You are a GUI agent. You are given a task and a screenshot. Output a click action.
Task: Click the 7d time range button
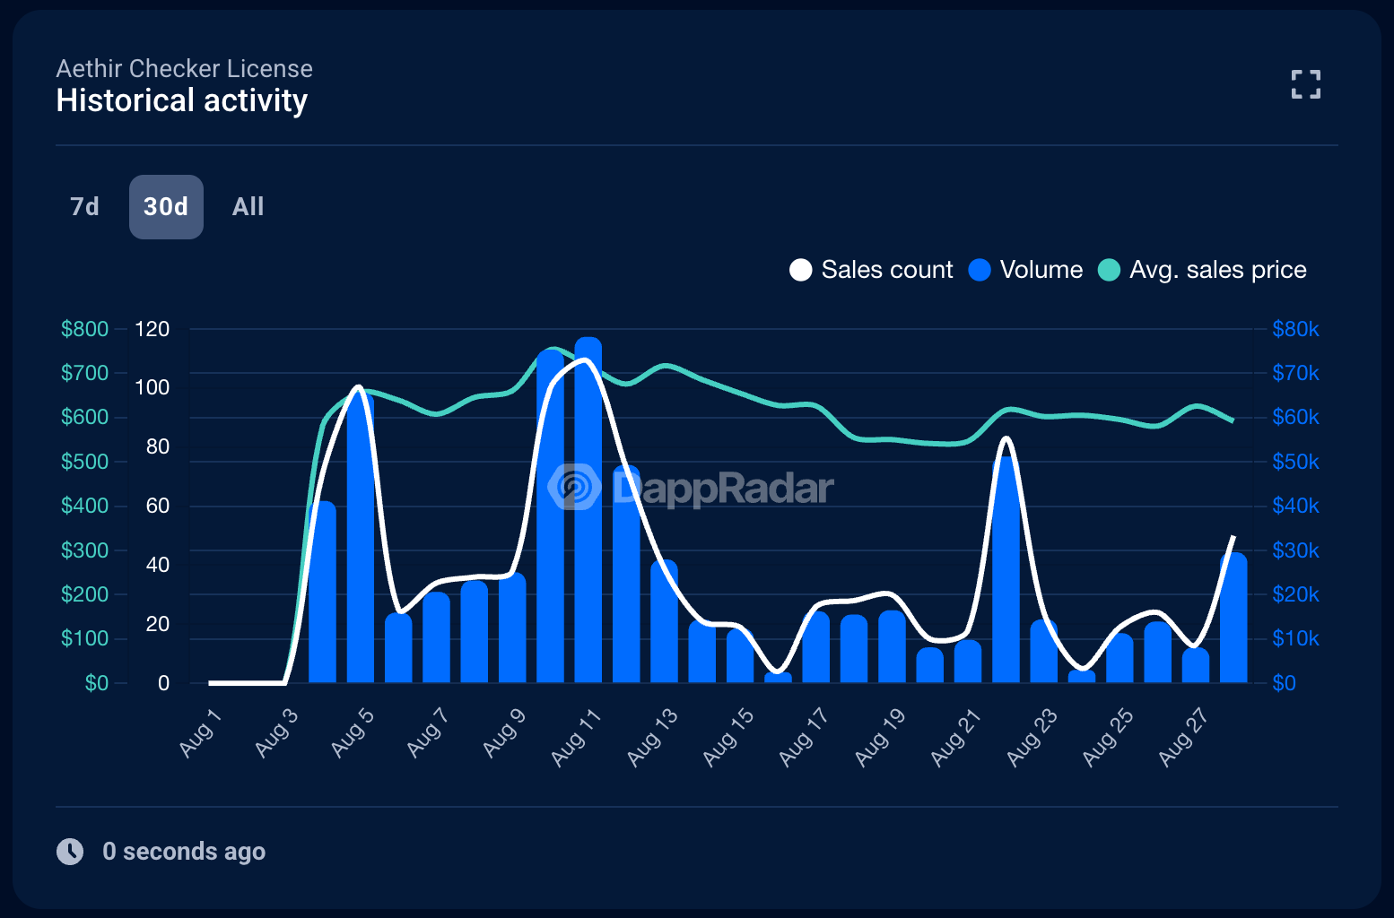pos(84,207)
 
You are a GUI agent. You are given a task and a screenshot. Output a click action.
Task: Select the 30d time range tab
pos(166,207)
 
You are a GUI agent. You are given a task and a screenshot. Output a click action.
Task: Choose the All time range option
pos(248,207)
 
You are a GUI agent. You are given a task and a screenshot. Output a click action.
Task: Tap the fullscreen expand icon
pos(1305,84)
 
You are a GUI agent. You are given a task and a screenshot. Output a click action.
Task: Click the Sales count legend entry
pos(871,270)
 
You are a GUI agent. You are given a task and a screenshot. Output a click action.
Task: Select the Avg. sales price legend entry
pos(1202,270)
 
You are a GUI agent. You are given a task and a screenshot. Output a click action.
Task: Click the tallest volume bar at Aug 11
pos(588,511)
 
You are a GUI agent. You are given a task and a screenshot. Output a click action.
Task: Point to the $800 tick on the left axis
pos(84,329)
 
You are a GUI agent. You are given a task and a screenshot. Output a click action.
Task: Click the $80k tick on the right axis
pos(1295,329)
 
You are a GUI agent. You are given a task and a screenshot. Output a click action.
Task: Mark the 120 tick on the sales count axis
pos(152,329)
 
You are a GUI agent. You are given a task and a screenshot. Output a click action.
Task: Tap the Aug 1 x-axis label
pos(200,732)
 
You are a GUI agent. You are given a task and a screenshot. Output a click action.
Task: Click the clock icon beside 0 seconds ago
pos(70,851)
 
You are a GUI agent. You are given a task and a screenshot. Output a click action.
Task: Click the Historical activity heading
pos(181,100)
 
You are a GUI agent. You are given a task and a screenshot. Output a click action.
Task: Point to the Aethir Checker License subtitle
pos(184,68)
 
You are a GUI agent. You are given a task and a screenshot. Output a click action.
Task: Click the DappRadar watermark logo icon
pos(574,487)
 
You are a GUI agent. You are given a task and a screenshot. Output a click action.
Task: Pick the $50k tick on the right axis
pos(1295,462)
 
